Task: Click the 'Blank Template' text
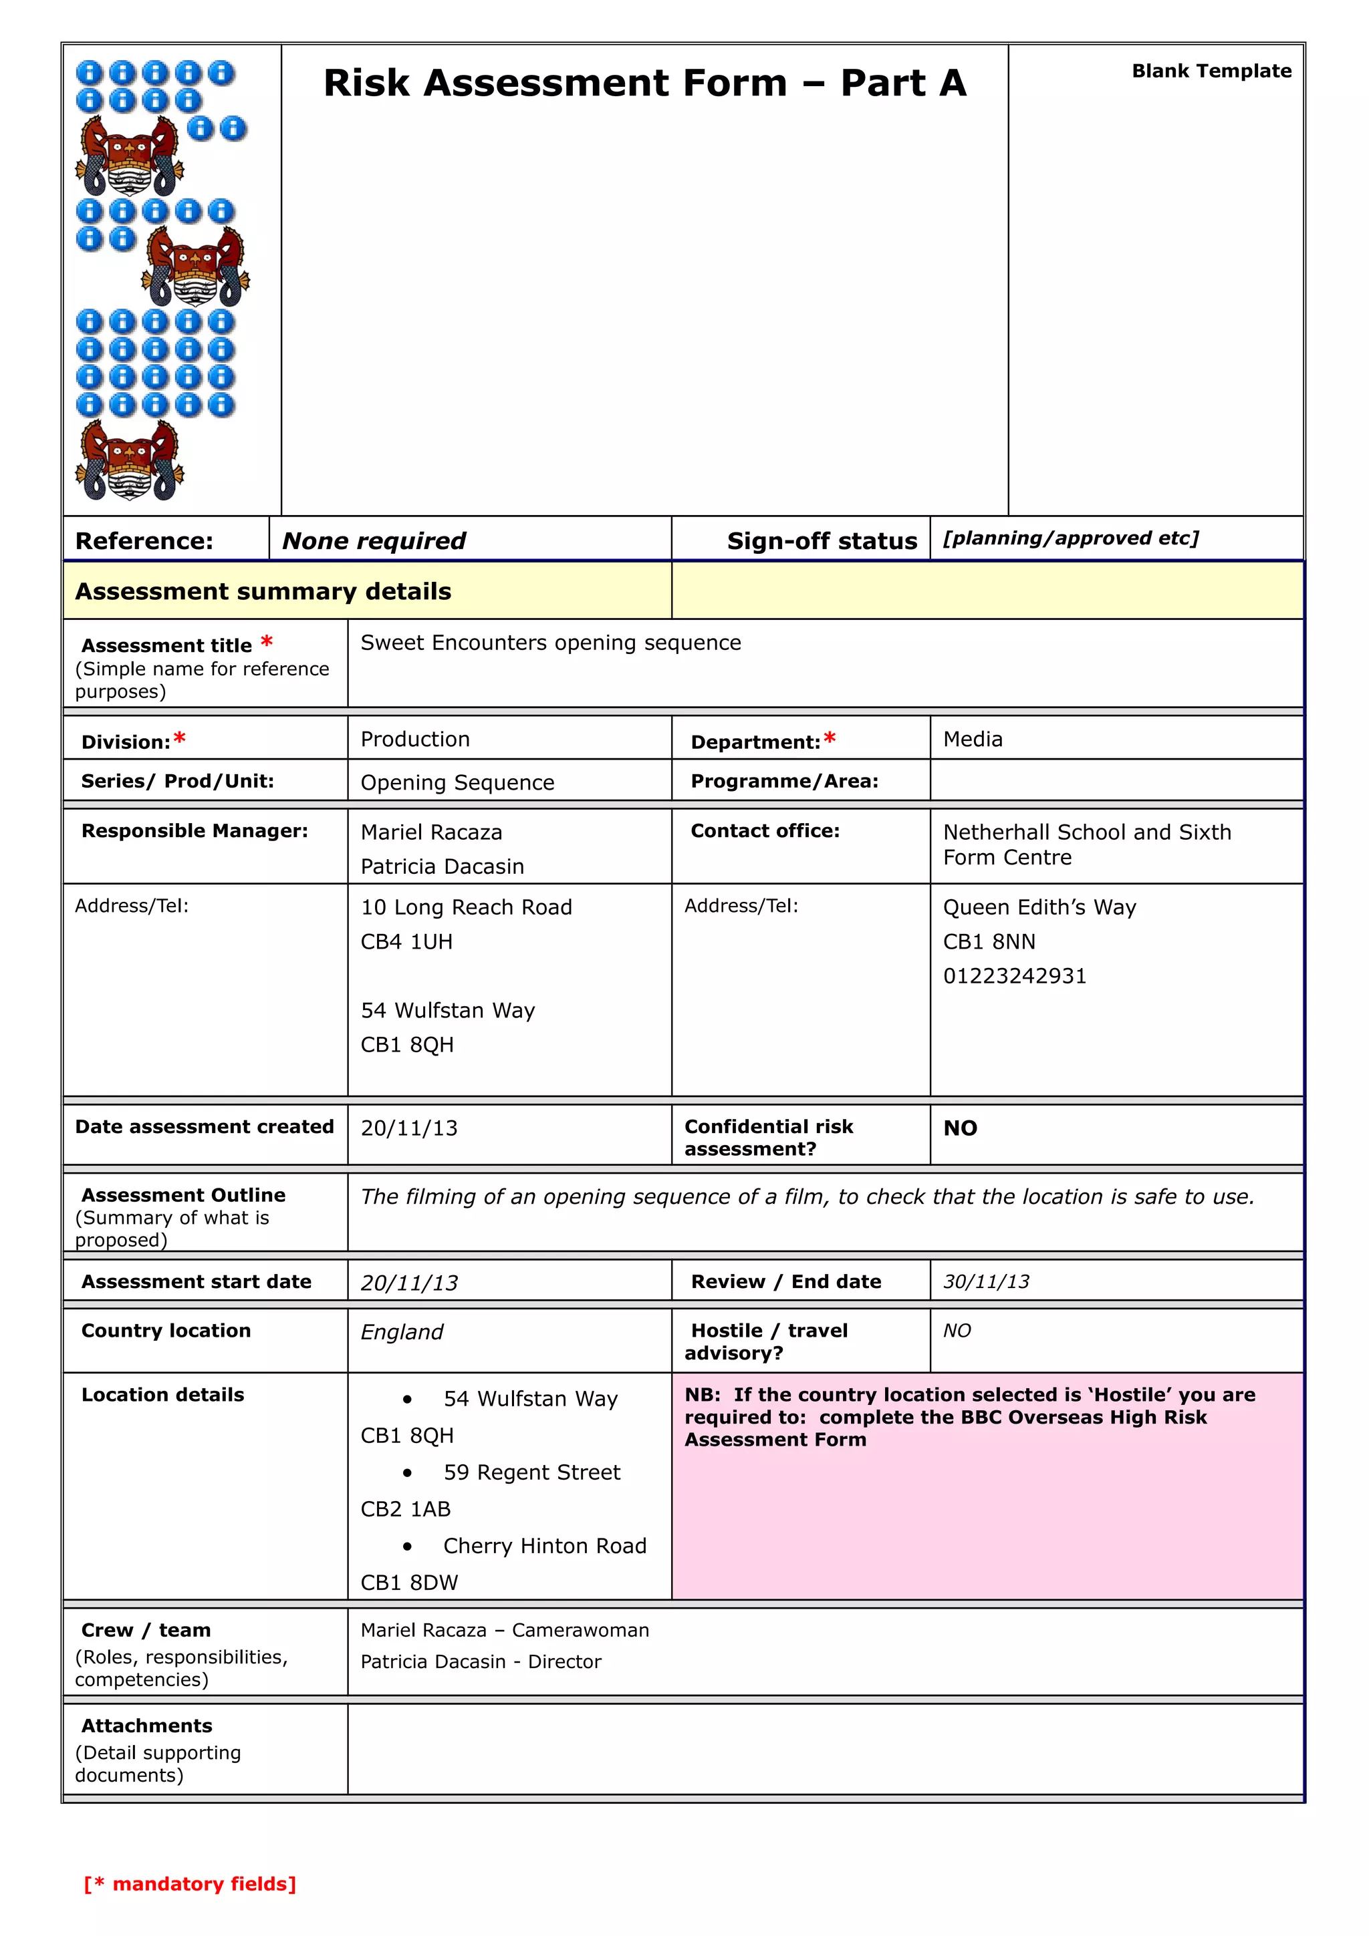pos(1211,71)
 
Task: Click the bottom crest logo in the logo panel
pos(129,460)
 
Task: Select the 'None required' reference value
pos(374,540)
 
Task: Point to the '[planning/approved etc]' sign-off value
pos(1070,538)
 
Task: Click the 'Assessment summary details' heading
pos(263,591)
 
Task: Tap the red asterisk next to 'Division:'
pos(180,740)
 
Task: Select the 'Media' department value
pos(973,739)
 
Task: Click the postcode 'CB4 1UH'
pos(406,941)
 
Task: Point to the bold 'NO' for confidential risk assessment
pos(960,1128)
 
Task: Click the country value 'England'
pos(402,1331)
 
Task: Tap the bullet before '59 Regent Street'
pos(407,1472)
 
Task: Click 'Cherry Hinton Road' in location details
pos(545,1546)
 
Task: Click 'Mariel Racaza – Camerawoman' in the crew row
pos(505,1630)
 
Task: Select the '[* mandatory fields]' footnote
pos(190,1884)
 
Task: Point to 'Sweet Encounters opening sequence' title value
pos(551,643)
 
